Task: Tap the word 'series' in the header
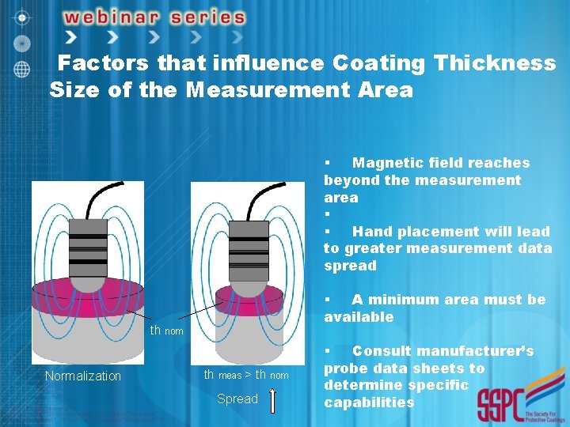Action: click(x=208, y=17)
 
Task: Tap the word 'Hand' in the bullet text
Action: click(x=370, y=232)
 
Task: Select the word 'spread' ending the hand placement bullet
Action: click(x=350, y=266)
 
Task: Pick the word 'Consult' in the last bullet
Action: click(x=386, y=351)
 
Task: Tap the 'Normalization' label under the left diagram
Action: click(x=83, y=376)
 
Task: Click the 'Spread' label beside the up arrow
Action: click(x=237, y=399)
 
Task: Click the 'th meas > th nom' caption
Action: click(x=246, y=375)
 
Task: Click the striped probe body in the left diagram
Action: click(x=87, y=243)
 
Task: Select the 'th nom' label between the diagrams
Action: click(x=167, y=330)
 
